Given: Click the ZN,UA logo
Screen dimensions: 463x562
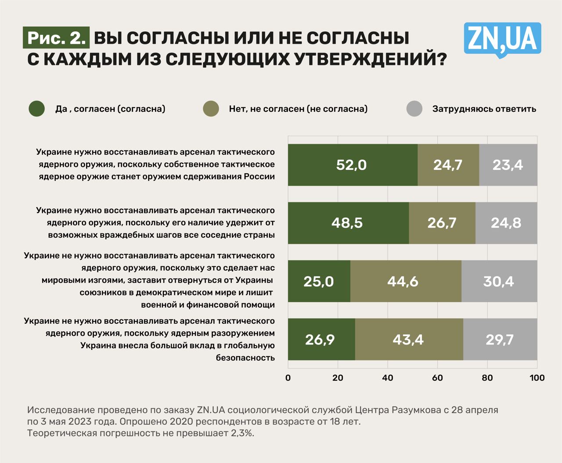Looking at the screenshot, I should click(x=502, y=39).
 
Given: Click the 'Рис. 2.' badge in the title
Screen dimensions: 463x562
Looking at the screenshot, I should click(x=56, y=38).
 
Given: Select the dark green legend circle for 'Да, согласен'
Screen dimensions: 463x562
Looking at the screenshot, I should click(x=37, y=109).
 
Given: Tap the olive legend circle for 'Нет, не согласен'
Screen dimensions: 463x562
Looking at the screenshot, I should click(x=211, y=109).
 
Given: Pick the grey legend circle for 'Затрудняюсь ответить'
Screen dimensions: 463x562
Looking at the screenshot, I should click(x=414, y=109).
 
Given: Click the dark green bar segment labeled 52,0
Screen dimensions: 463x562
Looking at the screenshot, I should click(x=353, y=165).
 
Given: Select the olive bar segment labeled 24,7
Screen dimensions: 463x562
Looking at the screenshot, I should click(x=448, y=165).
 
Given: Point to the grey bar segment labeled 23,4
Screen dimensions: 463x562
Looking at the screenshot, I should click(x=508, y=165).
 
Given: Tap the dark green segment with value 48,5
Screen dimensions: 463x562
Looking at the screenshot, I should click(x=348, y=223).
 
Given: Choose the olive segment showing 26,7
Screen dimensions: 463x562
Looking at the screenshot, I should click(x=442, y=223).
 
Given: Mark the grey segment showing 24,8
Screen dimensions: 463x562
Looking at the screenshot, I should click(x=506, y=223).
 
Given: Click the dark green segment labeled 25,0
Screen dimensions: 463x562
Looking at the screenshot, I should click(x=319, y=281).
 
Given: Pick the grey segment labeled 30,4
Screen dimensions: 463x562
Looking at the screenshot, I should click(x=499, y=281).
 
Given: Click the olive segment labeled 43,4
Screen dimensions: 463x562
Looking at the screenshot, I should click(x=409, y=339).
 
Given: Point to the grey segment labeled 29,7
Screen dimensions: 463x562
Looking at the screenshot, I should click(x=500, y=339).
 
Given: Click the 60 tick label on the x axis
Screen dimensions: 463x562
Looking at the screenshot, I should click(x=437, y=378).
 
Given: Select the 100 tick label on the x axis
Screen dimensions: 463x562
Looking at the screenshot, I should click(x=537, y=378).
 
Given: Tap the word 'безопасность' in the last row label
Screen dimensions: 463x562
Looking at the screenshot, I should click(x=245, y=358).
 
